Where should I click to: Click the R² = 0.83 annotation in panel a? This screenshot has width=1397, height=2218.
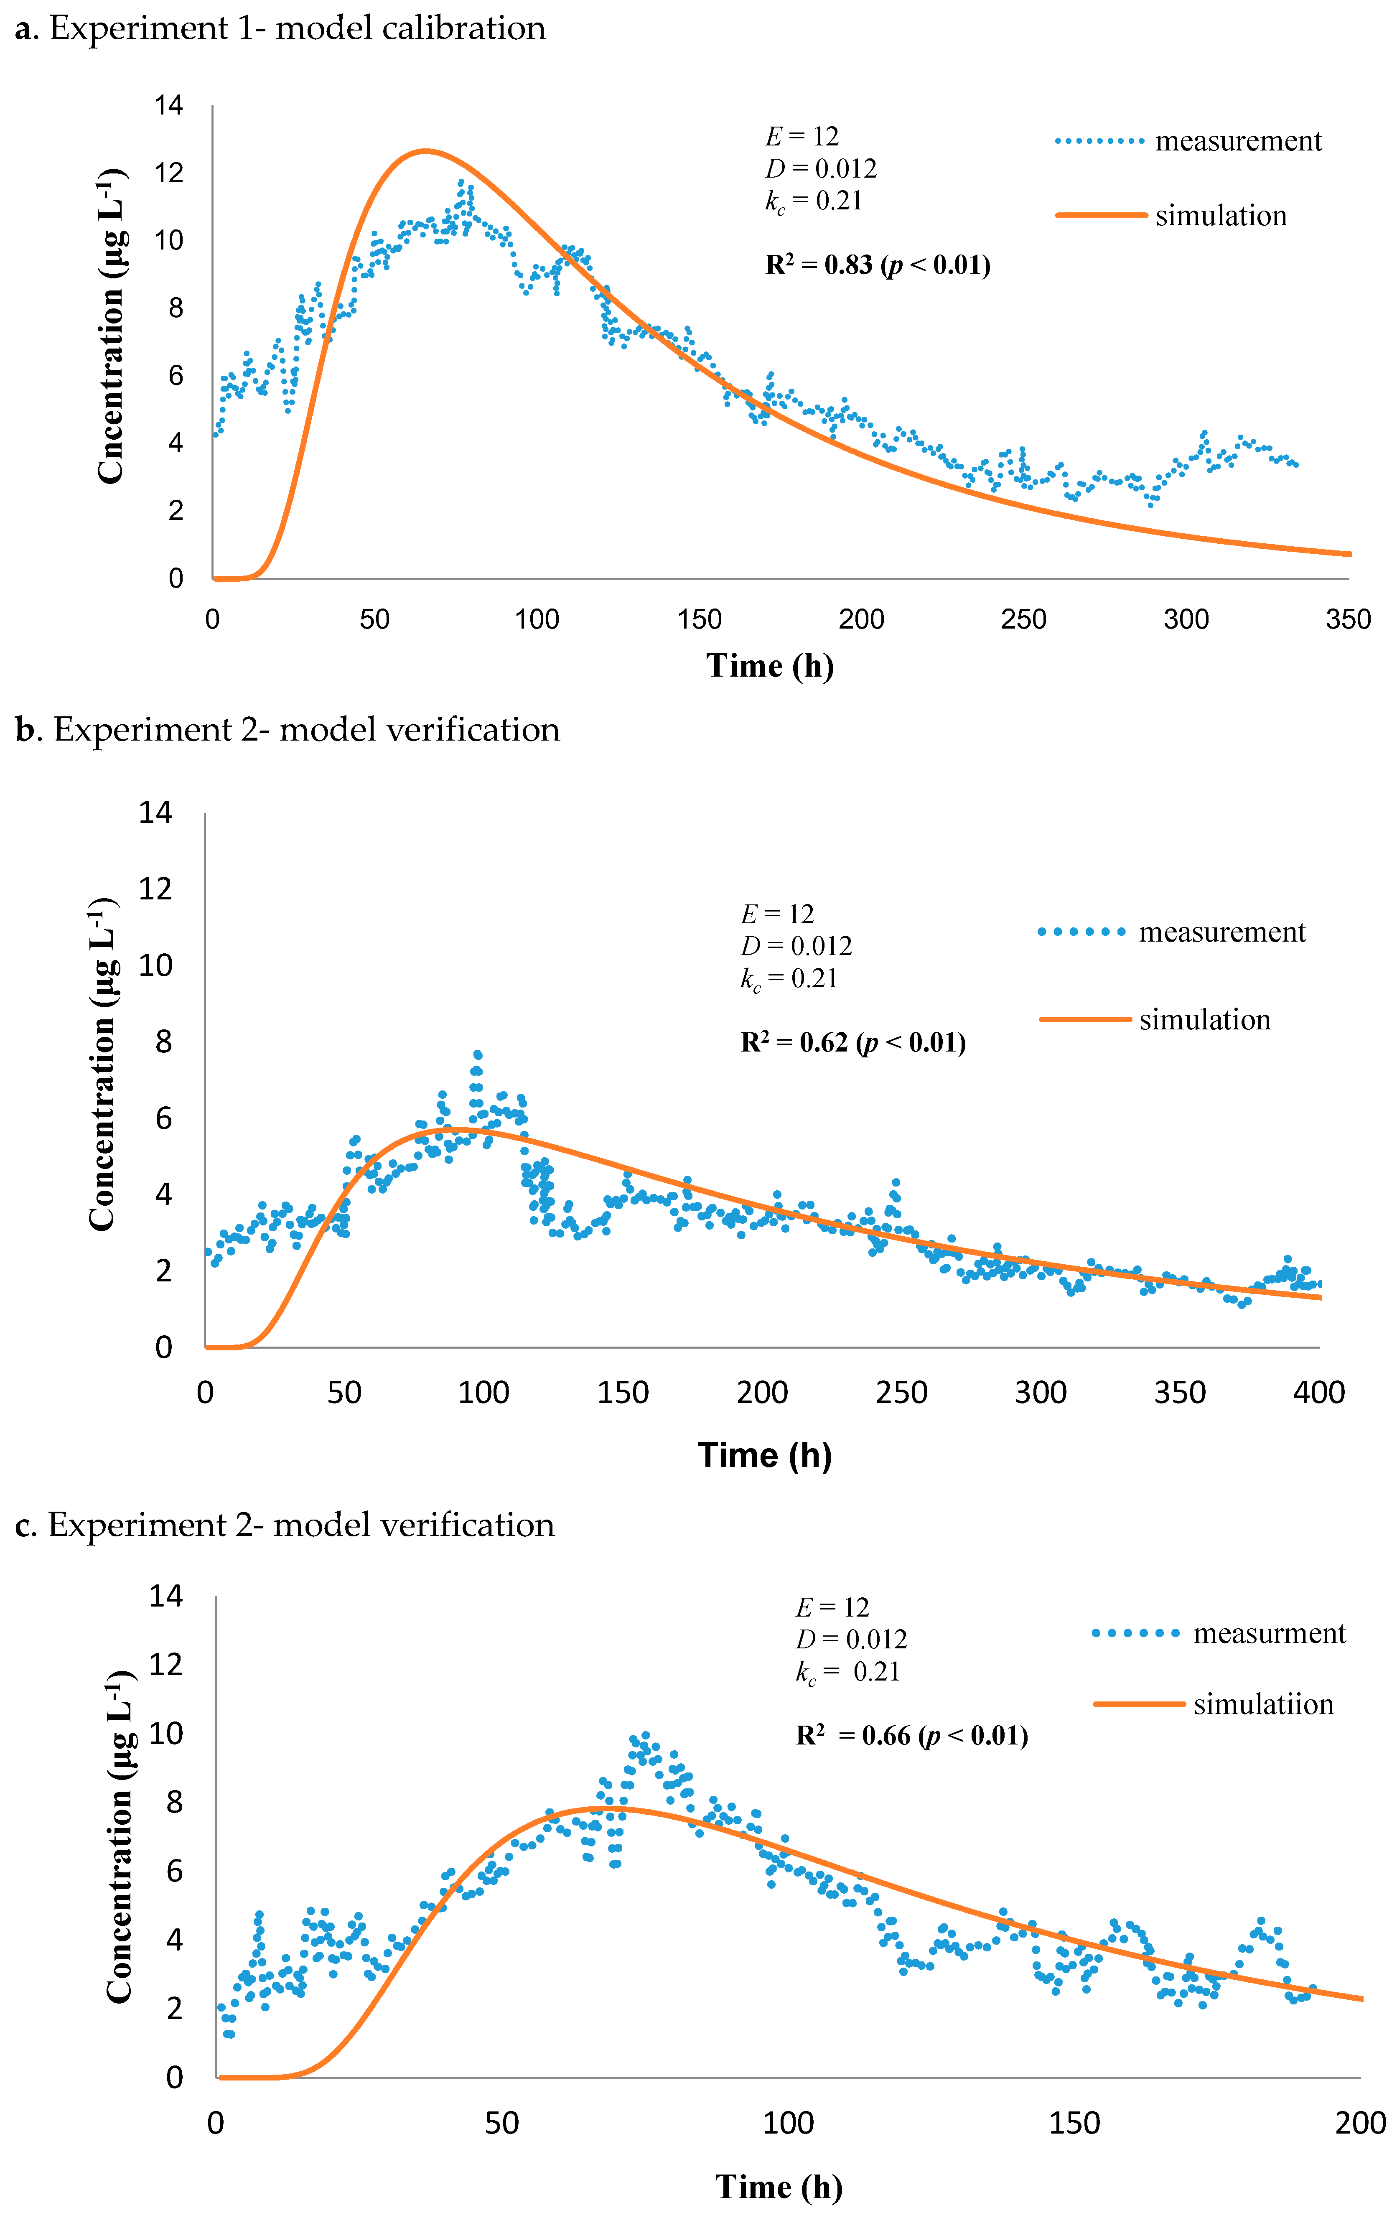tap(877, 265)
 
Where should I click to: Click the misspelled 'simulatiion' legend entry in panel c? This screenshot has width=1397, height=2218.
tap(1262, 1704)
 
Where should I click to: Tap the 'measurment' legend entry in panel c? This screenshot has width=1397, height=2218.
tap(1268, 1633)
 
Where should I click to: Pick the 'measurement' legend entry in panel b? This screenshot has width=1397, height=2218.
tap(1221, 932)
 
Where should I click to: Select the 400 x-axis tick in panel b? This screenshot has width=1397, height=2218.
tap(1319, 1392)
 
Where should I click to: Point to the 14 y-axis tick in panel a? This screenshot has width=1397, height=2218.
tap(168, 105)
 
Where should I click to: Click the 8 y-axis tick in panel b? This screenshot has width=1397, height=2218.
tap(163, 1042)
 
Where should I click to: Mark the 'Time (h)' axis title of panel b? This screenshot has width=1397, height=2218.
tap(764, 1455)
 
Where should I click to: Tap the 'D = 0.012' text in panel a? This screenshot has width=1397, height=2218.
tap(820, 168)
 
